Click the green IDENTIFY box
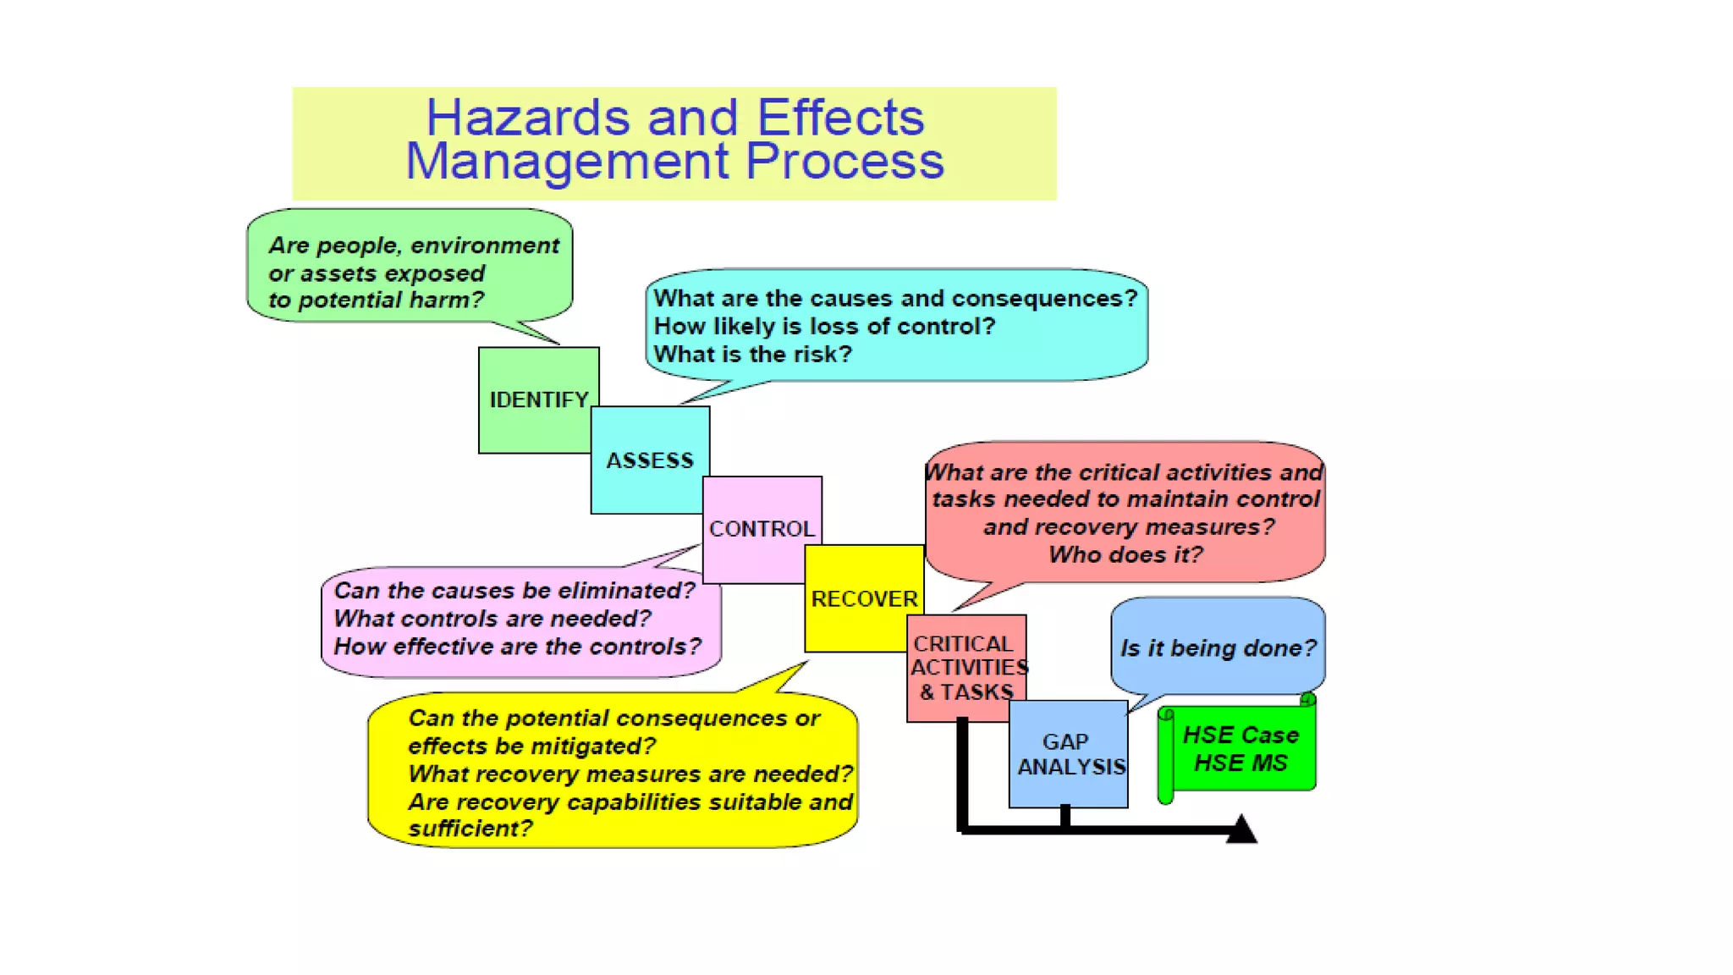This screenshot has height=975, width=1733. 538,399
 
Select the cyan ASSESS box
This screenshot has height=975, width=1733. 649,460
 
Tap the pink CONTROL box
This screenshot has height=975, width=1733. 762,528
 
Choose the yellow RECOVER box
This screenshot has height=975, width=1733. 864,598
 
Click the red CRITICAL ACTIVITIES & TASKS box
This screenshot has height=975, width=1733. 966,667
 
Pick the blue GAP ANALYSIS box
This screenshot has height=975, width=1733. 1068,753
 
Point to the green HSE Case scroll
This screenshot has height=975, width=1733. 1241,748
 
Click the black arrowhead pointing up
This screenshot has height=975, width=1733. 1241,829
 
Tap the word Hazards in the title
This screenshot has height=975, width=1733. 527,118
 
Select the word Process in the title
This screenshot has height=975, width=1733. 844,161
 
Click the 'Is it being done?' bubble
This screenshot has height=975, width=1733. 1218,648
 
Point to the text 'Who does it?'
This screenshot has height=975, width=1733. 1125,554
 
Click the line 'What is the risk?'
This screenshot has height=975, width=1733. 752,354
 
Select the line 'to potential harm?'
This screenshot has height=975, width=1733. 376,300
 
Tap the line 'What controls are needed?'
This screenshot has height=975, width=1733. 492,619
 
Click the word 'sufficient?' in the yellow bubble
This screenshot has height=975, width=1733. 470,828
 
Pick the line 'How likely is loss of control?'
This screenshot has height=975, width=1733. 824,326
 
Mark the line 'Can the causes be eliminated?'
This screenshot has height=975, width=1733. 514,590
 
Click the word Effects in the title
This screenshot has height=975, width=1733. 840,118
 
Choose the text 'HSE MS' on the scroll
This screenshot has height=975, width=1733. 1241,763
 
